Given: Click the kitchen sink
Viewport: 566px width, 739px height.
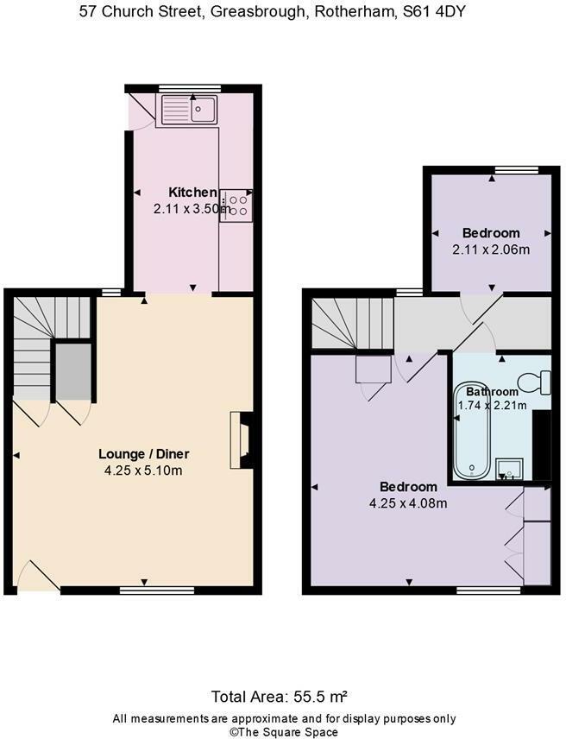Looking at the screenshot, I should click(x=189, y=110).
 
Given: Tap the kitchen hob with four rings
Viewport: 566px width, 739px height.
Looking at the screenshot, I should click(x=236, y=204).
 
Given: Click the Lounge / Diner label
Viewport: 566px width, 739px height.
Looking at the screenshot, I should click(x=143, y=454).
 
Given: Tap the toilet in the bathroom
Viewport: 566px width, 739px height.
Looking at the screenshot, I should click(x=536, y=381).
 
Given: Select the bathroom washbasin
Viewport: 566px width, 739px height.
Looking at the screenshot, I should click(x=508, y=469).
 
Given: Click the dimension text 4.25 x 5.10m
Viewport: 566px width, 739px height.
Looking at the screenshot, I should click(x=143, y=471).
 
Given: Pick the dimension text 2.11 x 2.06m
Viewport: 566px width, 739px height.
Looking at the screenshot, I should click(x=491, y=249).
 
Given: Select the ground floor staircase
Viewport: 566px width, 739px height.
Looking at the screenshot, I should click(x=43, y=345).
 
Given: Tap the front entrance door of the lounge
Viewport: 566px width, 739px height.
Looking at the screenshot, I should click(x=36, y=577).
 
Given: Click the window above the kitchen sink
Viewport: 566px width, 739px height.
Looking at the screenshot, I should click(x=189, y=87).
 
